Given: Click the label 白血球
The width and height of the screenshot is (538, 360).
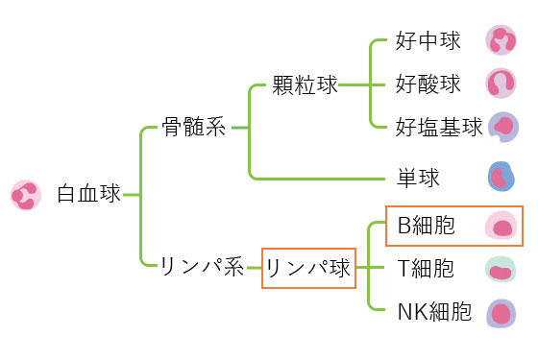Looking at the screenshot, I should (88, 194).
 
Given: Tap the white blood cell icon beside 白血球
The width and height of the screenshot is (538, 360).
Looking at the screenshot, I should (25, 194).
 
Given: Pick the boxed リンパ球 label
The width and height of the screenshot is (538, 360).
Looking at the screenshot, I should (308, 268).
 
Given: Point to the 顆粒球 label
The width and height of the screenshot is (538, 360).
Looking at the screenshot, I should (306, 85).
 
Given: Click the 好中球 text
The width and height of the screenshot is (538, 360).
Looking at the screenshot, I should (428, 41).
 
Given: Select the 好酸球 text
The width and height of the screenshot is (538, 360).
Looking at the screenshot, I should (428, 84).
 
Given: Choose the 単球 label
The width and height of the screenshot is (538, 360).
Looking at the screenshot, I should (418, 178).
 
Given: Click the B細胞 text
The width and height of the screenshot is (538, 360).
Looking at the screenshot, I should (426, 227).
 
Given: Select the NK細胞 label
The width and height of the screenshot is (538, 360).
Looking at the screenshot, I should (434, 311).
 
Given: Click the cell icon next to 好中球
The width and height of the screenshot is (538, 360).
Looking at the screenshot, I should (501, 40).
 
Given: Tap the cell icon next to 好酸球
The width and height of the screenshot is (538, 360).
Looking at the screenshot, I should (501, 84).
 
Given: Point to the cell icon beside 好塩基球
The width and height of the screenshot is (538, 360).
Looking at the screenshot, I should (502, 127).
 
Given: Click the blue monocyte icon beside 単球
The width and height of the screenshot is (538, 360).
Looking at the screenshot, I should (501, 177).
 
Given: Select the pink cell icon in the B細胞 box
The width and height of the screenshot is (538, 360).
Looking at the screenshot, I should (501, 227).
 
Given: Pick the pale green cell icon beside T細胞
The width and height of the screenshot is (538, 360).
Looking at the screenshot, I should (501, 270).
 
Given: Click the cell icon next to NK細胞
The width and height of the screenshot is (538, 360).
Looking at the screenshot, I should (501, 312).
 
